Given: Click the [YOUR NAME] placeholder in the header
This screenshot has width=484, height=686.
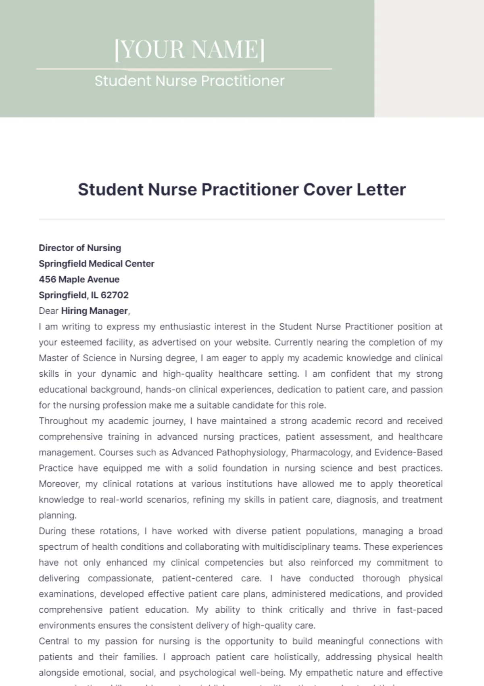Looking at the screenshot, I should [x=190, y=50].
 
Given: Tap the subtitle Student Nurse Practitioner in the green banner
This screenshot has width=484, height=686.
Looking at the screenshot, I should [x=190, y=81].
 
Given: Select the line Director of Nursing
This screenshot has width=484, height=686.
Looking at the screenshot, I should [x=80, y=248].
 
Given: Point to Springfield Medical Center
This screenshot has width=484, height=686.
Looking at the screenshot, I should [x=96, y=264].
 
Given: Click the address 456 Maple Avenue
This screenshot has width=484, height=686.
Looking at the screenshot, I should [x=79, y=279].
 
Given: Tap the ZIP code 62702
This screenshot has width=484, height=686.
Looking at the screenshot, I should [x=115, y=295].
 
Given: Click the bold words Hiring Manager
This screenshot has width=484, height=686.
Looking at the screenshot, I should [x=94, y=311].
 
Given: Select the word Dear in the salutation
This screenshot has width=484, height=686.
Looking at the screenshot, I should [x=48, y=311].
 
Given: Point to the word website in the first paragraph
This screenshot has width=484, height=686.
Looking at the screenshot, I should [x=252, y=342].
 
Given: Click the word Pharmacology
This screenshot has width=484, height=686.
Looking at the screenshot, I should [x=321, y=452].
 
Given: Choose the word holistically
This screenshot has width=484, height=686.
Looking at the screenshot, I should [x=297, y=657].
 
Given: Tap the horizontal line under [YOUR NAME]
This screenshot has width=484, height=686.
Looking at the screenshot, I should [x=184, y=69].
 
